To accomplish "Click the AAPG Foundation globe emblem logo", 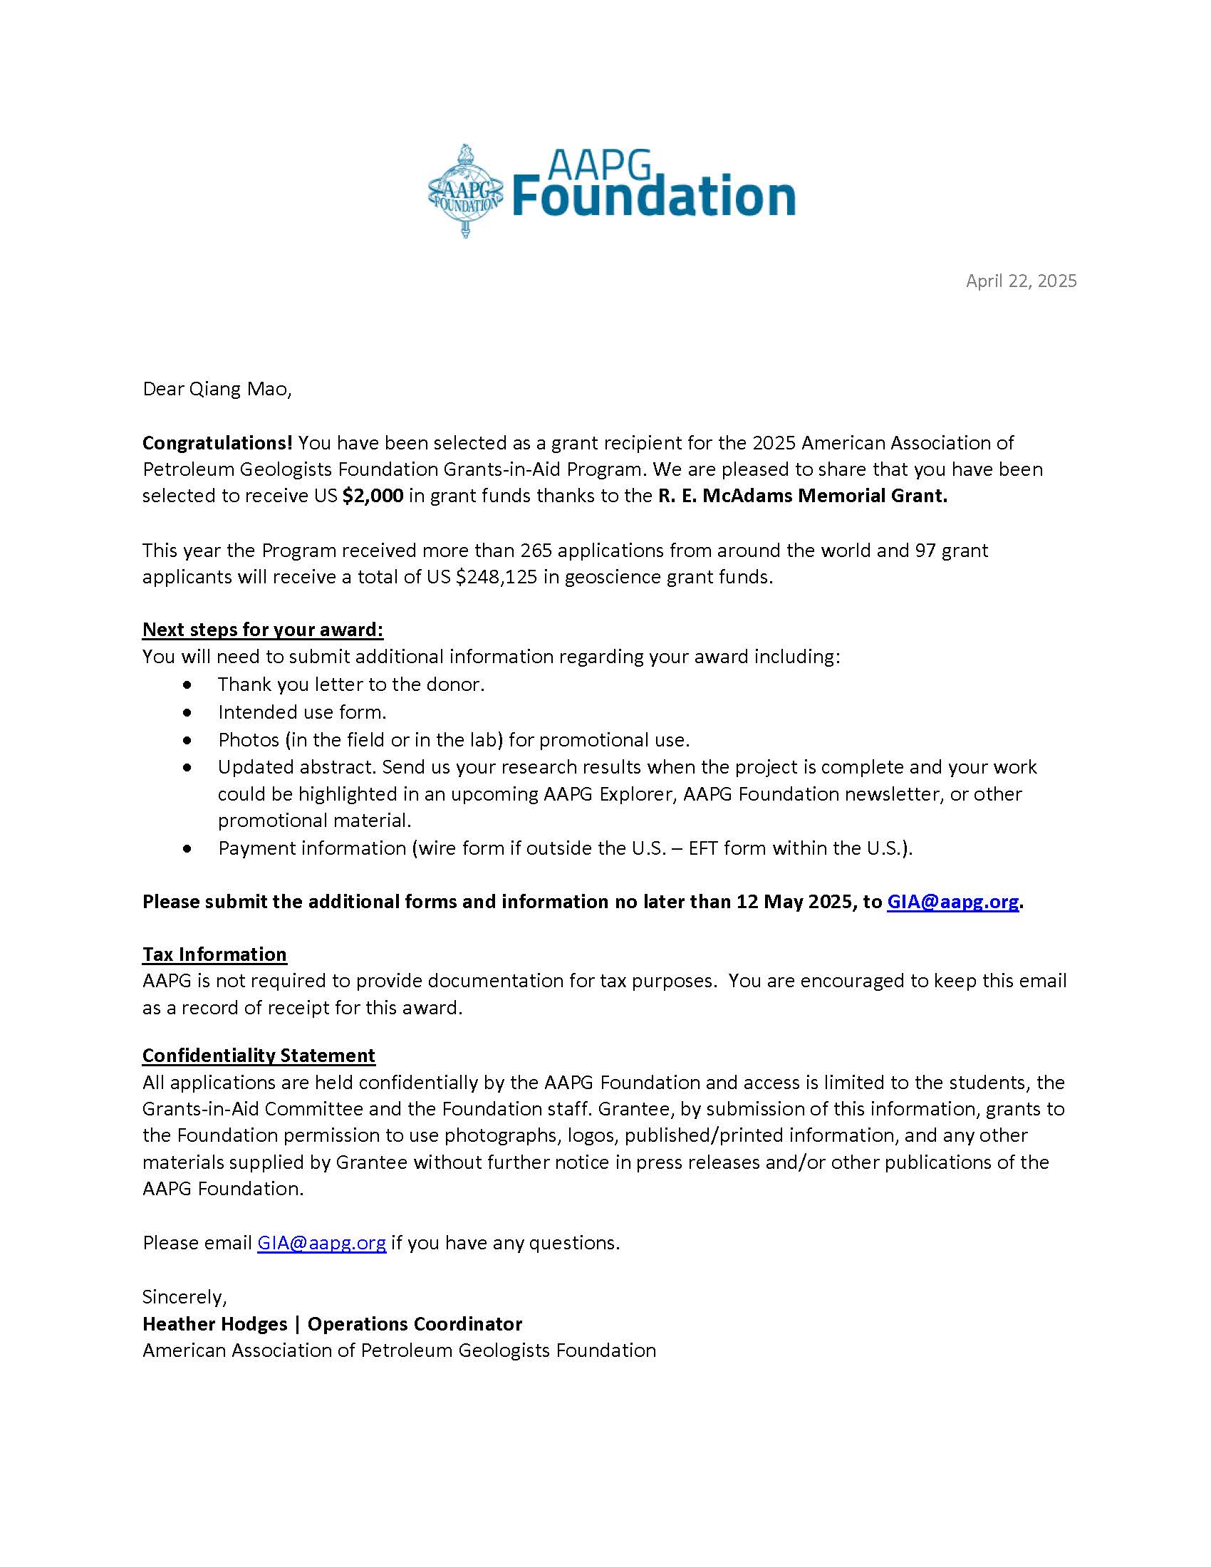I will pyautogui.click(x=465, y=192).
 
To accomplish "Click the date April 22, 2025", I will pyautogui.click(x=1020, y=281).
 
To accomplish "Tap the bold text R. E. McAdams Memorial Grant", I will pyautogui.click(x=802, y=496).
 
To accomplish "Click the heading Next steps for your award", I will pyautogui.click(x=263, y=630).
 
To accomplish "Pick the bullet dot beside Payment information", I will pyautogui.click(x=188, y=849).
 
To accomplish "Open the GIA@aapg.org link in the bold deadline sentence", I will pyautogui.click(x=952, y=902).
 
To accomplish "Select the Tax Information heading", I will pyautogui.click(x=214, y=954).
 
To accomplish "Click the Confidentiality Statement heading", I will pyautogui.click(x=259, y=1056).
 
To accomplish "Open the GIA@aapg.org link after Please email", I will pyautogui.click(x=321, y=1243).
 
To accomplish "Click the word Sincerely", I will pyautogui.click(x=184, y=1296).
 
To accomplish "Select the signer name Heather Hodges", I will pyautogui.click(x=214, y=1324).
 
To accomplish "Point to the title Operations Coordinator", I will pyautogui.click(x=415, y=1324).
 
